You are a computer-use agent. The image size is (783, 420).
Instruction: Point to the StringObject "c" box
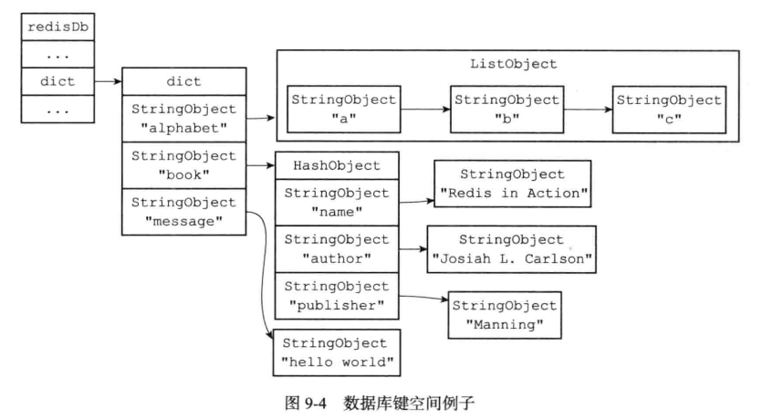[669, 110]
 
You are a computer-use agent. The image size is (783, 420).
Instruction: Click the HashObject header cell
[337, 165]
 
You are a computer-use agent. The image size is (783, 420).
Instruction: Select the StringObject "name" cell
[337, 202]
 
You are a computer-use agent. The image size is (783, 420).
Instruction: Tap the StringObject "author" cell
[337, 248]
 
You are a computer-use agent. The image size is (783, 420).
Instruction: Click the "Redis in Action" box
[511, 183]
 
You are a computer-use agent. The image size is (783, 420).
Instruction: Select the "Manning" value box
[505, 314]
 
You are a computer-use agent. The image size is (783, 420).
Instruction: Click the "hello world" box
[337, 352]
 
